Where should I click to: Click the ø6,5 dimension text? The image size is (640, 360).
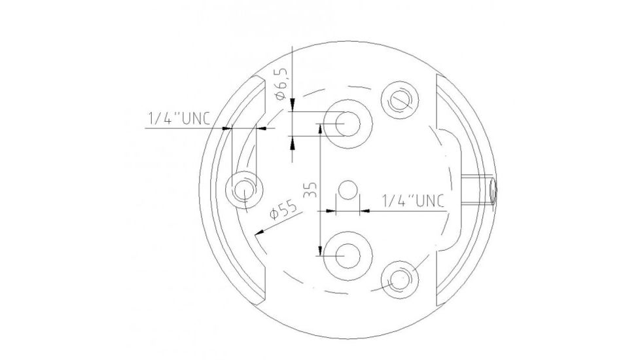(x=282, y=82)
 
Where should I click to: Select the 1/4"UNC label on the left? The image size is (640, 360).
(x=179, y=118)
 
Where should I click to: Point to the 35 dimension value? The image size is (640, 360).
(x=310, y=190)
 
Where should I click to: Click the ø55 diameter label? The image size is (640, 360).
(x=283, y=211)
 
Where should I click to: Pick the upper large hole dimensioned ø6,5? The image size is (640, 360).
(x=347, y=123)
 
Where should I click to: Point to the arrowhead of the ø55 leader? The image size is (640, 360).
(x=261, y=230)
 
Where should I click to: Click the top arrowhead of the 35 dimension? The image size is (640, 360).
(x=319, y=128)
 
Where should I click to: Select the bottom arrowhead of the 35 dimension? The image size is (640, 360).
(x=319, y=249)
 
